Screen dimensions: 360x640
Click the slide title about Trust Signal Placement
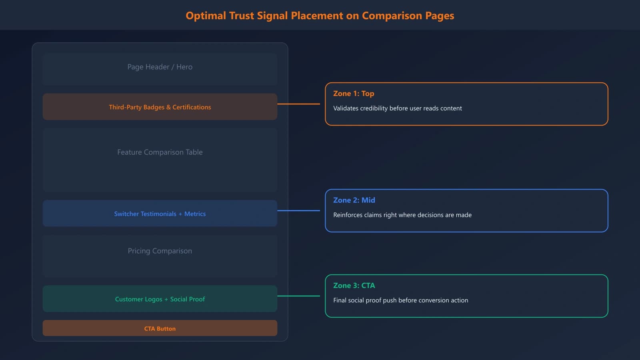[320, 16]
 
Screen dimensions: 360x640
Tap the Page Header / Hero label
[160, 67]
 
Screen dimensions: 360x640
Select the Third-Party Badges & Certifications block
[160, 107]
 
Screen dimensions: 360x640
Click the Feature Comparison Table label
[160, 152]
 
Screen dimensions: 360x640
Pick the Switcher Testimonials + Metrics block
[160, 214]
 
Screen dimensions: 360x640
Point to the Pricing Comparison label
[160, 251]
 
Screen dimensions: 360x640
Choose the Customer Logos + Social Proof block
[160, 299]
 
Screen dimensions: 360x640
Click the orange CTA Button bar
[160, 328]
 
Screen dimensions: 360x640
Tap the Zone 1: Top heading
[354, 94]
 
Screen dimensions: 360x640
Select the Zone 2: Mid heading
[354, 200]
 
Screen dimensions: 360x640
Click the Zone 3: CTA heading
[354, 286]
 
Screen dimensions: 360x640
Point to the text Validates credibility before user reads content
[397, 108]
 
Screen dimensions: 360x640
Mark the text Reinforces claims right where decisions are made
[402, 215]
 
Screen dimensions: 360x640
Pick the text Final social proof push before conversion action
[400, 300]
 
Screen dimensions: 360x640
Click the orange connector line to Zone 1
[298, 104]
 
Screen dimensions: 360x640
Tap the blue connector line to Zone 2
[298, 210]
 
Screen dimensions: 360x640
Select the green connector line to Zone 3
[298, 296]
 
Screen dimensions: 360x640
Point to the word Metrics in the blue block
[195, 214]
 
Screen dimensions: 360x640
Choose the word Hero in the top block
[184, 67]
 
